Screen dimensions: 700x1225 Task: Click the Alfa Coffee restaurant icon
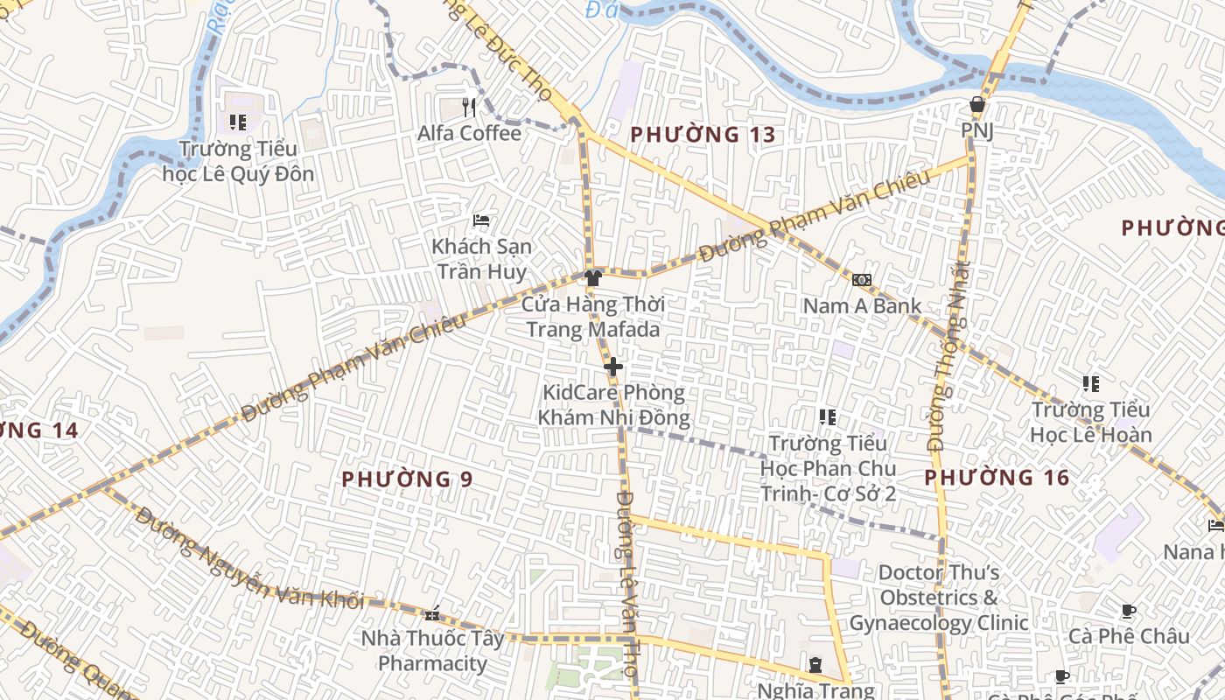pos(469,107)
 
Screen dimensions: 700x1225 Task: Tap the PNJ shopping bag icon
pos(977,105)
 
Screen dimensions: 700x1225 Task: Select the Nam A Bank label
pos(862,305)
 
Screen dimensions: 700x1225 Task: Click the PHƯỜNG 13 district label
pos(703,135)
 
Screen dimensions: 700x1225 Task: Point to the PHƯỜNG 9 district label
pos(407,479)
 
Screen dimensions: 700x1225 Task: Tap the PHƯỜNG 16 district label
pos(997,477)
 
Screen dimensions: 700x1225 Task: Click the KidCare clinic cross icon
pos(613,367)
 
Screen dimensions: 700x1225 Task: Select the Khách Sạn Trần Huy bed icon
pos(481,220)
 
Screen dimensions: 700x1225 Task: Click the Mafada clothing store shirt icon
pos(593,278)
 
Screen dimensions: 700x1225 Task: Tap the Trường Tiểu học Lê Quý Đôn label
pos(238,161)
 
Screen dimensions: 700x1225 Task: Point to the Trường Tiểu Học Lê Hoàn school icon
pos(1090,383)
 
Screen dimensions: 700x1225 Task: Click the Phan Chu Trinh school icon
pos(828,417)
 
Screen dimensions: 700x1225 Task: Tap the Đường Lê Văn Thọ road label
pos(626,582)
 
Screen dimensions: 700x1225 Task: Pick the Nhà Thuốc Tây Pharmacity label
pos(432,651)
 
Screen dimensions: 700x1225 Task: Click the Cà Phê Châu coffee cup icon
pos(1129,611)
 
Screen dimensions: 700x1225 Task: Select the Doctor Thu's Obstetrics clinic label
pos(938,598)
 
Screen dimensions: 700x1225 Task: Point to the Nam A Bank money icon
pos(862,280)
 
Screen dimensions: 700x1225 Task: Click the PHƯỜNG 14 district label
pos(39,430)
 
